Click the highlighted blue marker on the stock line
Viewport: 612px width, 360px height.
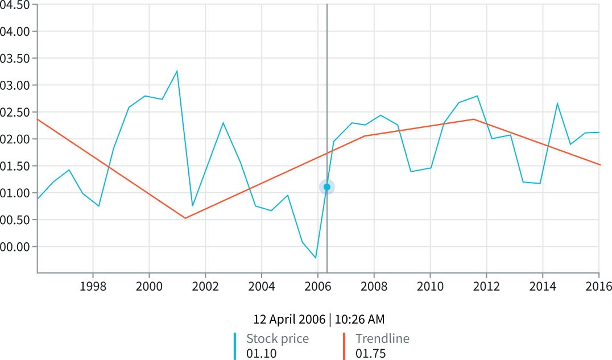[327, 187]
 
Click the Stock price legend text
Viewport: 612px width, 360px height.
[278, 339]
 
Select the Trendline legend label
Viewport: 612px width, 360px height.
[382, 339]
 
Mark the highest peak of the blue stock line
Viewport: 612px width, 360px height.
[177, 71]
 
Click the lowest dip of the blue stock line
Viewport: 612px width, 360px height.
[316, 258]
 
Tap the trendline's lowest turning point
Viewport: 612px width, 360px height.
[185, 218]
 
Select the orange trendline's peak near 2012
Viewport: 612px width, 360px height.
[473, 119]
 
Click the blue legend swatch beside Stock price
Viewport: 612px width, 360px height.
[235, 345]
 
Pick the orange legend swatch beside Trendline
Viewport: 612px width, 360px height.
[344, 345]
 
